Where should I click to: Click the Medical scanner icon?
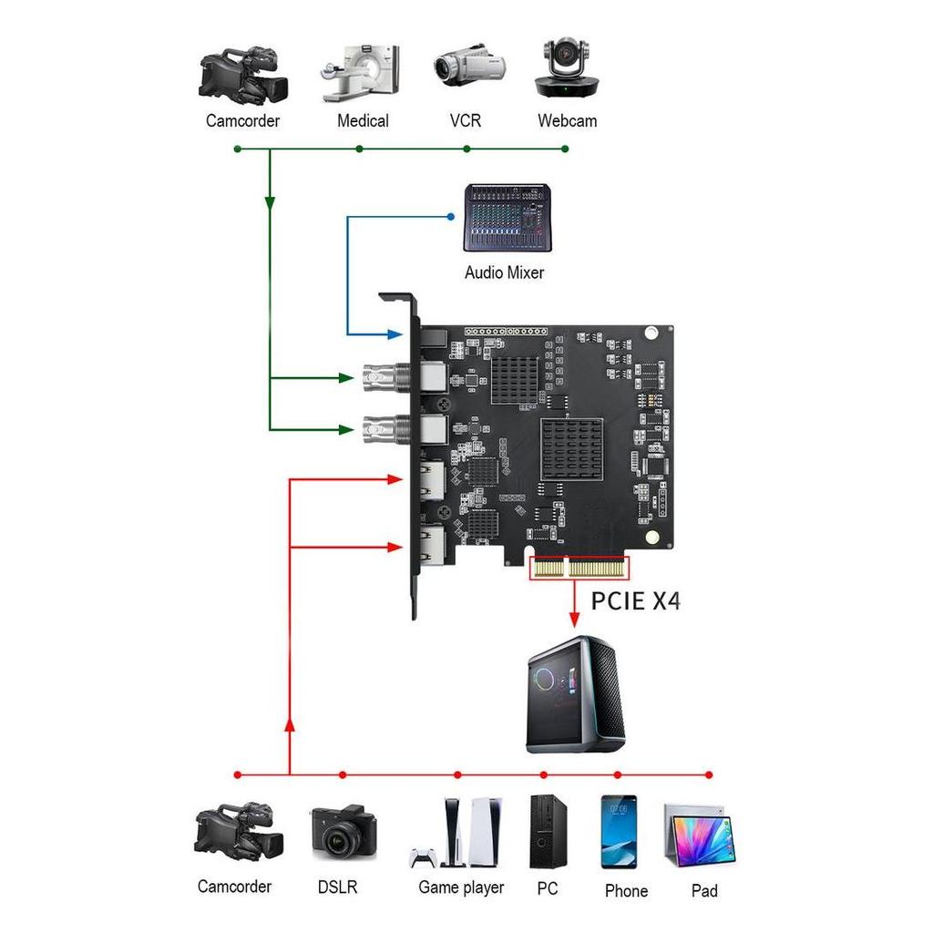360,72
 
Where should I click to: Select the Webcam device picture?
567,68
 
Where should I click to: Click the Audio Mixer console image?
508,218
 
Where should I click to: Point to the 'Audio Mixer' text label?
504,272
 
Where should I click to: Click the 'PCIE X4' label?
635,601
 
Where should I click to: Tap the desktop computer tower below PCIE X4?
576,694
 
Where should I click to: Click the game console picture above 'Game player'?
460,833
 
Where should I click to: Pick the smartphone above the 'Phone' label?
619,831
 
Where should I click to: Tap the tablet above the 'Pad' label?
699,836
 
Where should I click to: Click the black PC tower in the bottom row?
544,831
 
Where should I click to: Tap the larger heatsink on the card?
571,449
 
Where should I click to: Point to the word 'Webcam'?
567,121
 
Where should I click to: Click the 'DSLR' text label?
337,887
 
